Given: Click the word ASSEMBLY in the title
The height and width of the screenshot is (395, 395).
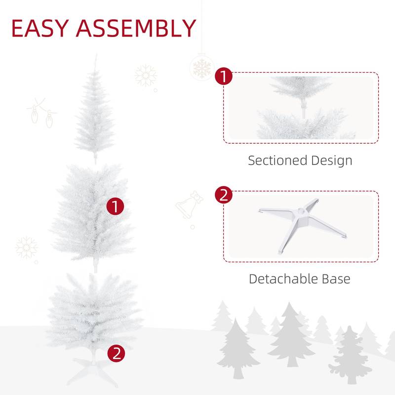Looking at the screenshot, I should click(x=137, y=28).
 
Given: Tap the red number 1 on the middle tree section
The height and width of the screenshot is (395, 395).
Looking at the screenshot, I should click(x=116, y=206).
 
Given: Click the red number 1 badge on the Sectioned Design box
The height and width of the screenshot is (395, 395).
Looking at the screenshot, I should click(x=224, y=77).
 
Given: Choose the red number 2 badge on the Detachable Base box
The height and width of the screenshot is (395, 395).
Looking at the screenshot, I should click(x=224, y=195).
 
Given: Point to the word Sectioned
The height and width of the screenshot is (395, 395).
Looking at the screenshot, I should click(x=277, y=160).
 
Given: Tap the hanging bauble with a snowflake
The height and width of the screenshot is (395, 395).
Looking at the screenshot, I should click(x=201, y=68).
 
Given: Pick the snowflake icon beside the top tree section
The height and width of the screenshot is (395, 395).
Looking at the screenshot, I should click(x=146, y=76).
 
